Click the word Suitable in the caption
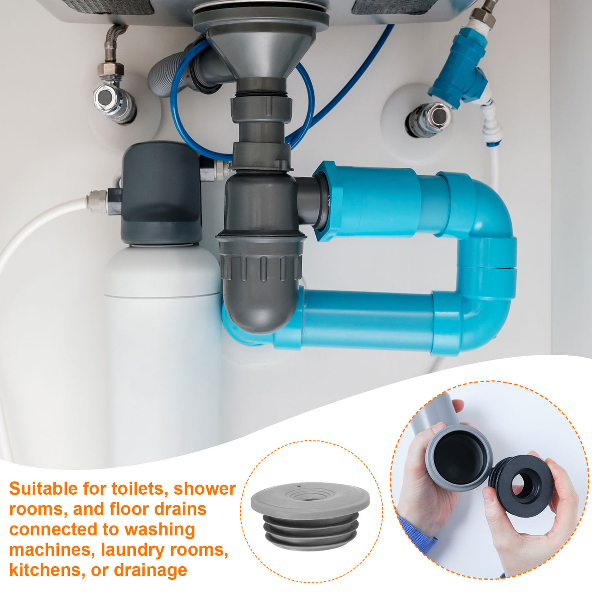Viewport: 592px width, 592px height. click(x=43, y=488)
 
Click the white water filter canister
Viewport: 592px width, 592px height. click(x=163, y=353)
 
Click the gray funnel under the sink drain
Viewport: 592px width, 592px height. click(x=261, y=52)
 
